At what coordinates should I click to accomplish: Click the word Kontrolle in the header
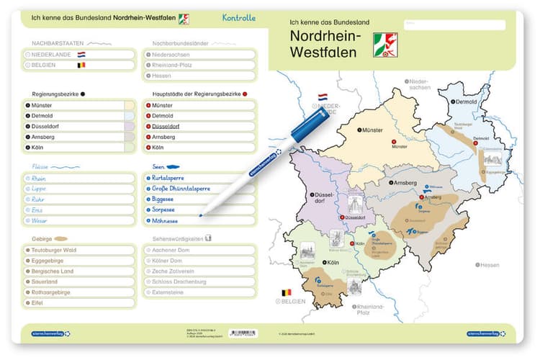click(x=238, y=17)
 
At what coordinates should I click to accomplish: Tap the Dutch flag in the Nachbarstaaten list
click(x=82, y=54)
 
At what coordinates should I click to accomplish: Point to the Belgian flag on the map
click(x=286, y=293)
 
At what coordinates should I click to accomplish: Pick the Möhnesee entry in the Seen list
click(x=167, y=220)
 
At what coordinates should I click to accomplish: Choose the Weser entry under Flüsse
click(x=40, y=220)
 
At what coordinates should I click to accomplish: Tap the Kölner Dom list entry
click(x=168, y=260)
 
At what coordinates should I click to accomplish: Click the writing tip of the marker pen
click(x=201, y=214)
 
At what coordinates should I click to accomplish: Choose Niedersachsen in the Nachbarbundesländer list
click(x=171, y=54)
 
